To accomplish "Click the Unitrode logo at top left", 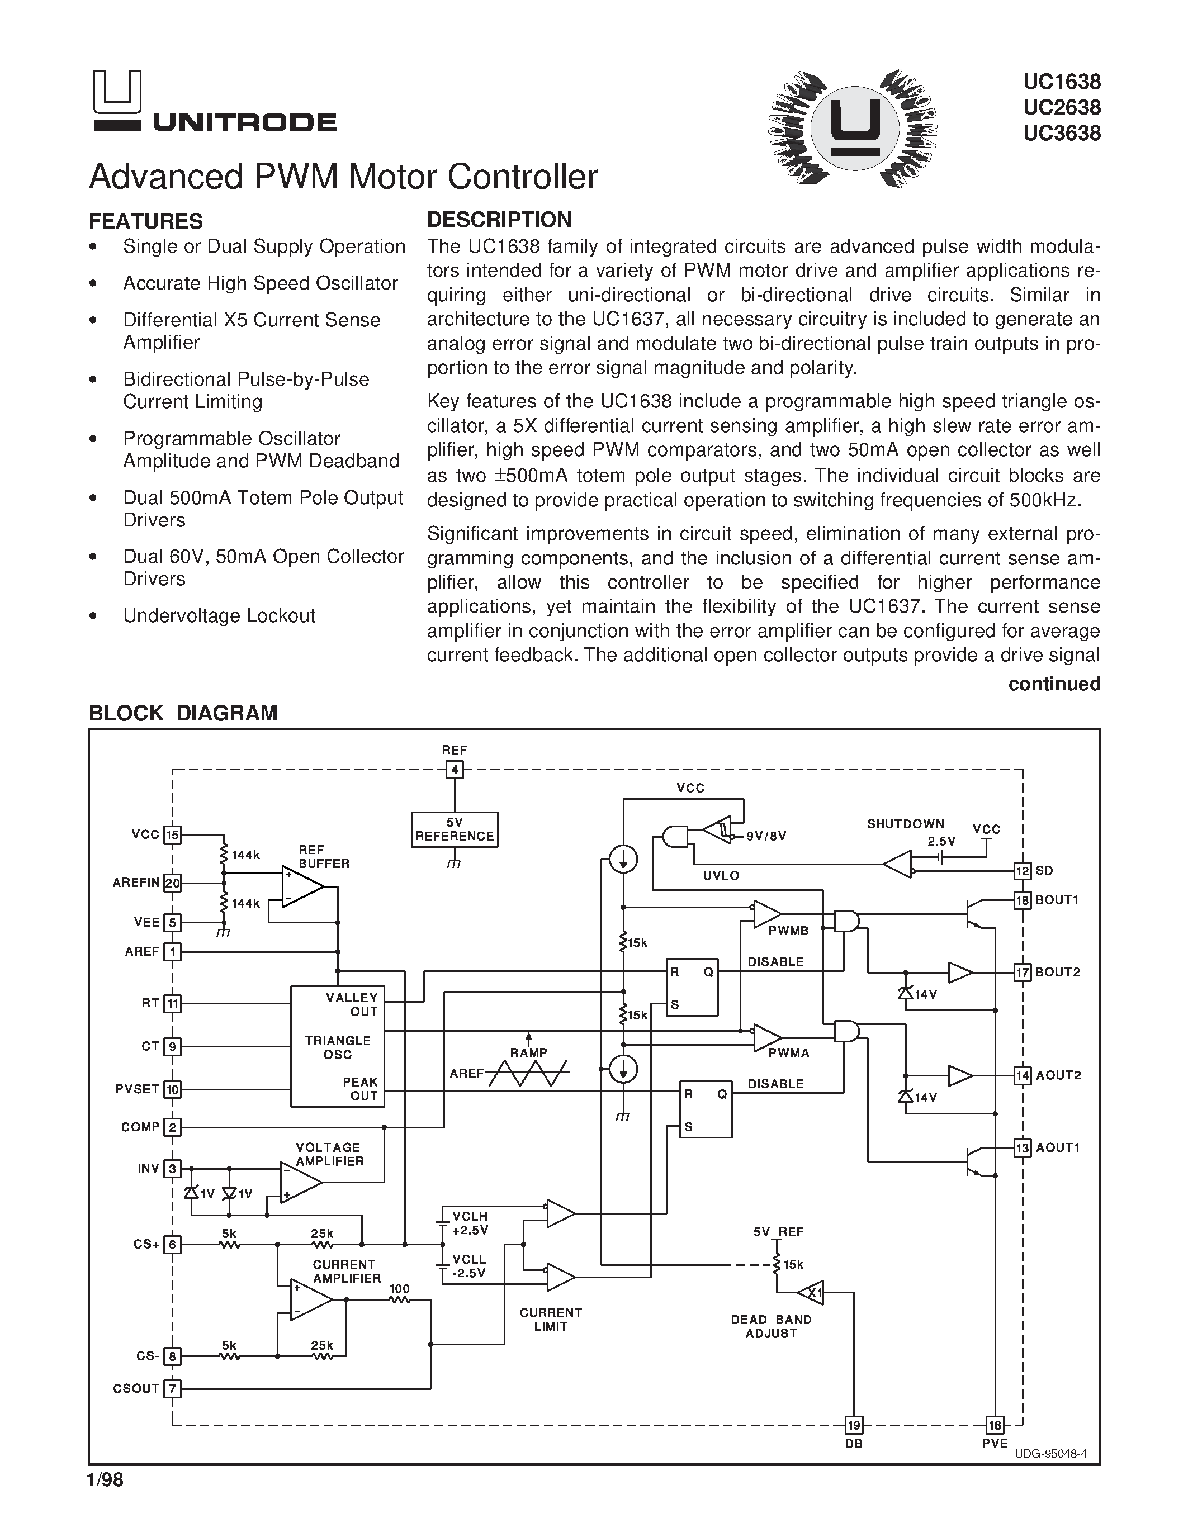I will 214,102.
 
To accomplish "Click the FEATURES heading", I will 146,221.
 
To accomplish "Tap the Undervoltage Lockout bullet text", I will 219,616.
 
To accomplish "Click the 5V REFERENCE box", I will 454,829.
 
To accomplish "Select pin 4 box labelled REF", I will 455,770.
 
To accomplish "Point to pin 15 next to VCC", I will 172,836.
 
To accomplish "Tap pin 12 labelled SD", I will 1022,871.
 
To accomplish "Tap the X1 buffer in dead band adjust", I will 811,1292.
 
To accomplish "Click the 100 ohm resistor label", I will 399,1289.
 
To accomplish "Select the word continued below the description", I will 1054,684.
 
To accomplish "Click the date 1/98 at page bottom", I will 105,1481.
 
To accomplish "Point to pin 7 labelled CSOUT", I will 172,1388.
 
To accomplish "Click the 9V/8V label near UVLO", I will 766,836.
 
